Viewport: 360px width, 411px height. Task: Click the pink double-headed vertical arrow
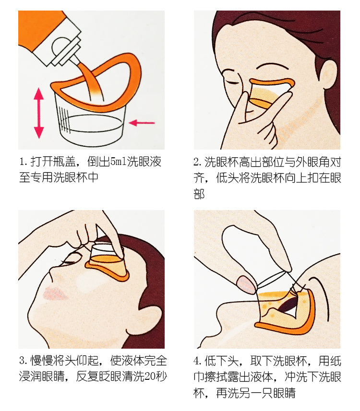(39, 113)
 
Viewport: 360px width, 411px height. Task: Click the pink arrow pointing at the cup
(142, 122)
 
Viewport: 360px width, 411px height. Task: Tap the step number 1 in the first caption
(22, 162)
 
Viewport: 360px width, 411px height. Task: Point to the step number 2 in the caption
(196, 162)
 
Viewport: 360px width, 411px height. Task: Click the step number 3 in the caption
(22, 361)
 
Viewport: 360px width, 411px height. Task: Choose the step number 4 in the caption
(196, 361)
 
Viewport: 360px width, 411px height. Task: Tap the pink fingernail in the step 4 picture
(246, 284)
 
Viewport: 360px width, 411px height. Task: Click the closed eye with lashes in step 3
(71, 261)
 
